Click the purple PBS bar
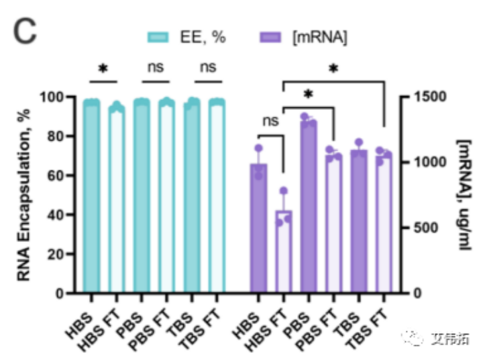click(309, 208)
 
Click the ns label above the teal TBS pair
click(208, 67)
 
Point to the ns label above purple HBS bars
click(270, 121)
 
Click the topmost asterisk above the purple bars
click(333, 69)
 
